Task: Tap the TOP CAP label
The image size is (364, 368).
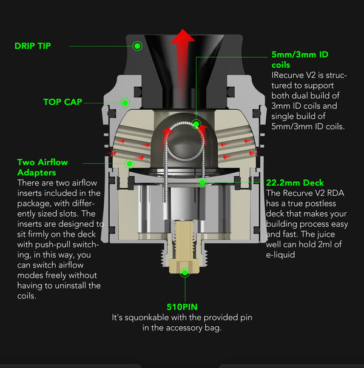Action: pyautogui.click(x=62, y=102)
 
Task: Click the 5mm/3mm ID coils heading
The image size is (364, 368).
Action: pyautogui.click(x=300, y=59)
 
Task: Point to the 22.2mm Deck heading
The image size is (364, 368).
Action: pyautogui.click(x=295, y=182)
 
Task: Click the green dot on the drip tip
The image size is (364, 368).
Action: pyautogui.click(x=138, y=45)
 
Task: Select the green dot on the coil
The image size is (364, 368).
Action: pyautogui.click(x=197, y=125)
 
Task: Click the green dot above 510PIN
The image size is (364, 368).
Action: pyautogui.click(x=184, y=273)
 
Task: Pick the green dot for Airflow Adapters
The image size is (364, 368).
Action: pyautogui.click(x=129, y=162)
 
